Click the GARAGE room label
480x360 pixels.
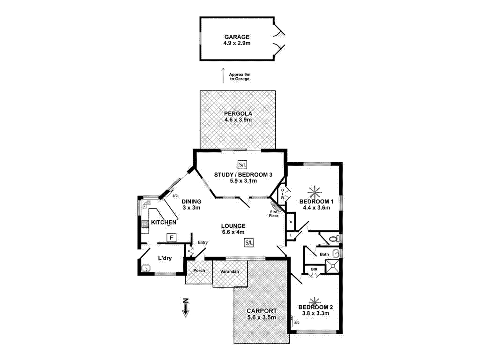click(237, 37)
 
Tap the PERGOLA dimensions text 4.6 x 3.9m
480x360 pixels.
click(238, 120)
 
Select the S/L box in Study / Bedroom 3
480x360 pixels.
click(242, 165)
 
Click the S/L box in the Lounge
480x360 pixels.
click(249, 242)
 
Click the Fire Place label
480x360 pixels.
click(274, 214)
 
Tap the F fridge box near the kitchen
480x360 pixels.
click(172, 238)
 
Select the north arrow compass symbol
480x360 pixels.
click(186, 307)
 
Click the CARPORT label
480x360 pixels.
click(262, 311)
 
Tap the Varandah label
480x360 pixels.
click(230, 272)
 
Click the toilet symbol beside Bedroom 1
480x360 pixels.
click(334, 239)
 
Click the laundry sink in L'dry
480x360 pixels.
click(146, 269)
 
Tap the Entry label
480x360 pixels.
click(202, 242)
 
